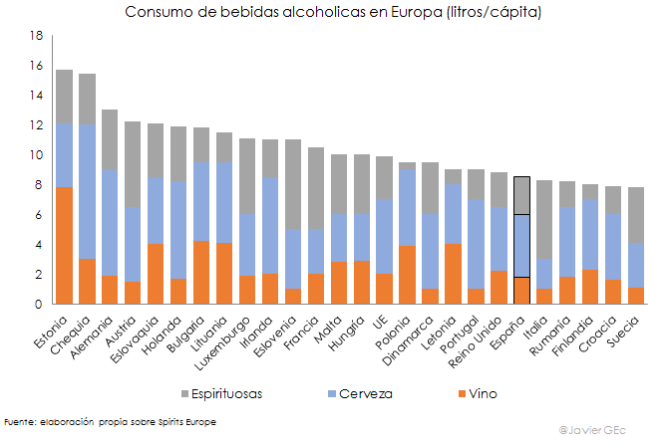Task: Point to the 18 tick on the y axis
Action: [x=37, y=36]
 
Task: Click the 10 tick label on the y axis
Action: [x=37, y=155]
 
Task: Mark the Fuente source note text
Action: [x=110, y=422]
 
